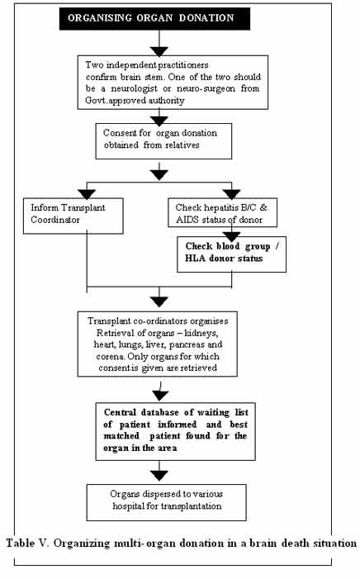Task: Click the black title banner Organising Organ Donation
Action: click(154, 18)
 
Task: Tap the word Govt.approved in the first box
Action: click(116, 101)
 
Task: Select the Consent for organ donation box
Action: click(163, 141)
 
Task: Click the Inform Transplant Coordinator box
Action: click(73, 216)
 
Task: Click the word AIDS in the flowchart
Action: click(185, 220)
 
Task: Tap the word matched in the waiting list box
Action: click(121, 436)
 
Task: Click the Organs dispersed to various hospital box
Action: click(167, 502)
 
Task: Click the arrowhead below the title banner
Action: click(159, 51)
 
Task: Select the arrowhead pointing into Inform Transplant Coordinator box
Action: click(87, 194)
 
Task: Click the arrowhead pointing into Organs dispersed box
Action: click(159, 475)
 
